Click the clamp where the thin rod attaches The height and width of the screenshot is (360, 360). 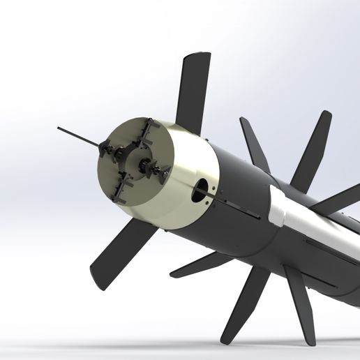pos(106,149)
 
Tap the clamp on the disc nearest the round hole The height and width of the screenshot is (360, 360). pos(161,172)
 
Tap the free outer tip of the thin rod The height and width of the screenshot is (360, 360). pos(59,128)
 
